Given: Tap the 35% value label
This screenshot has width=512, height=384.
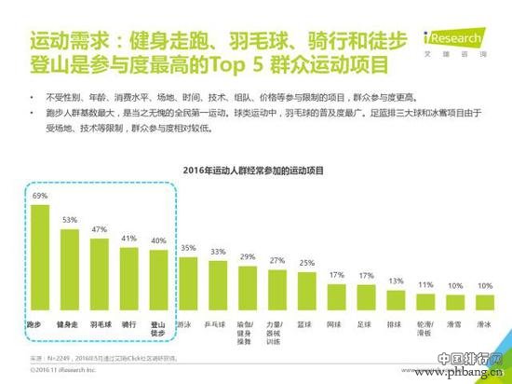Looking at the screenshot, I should pos(189,247).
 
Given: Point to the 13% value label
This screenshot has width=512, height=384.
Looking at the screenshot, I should pos(397,281).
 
